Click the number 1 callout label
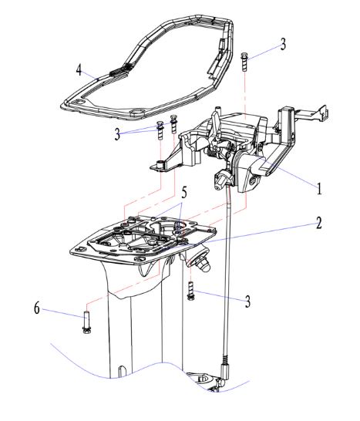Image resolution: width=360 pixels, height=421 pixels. [x=319, y=188]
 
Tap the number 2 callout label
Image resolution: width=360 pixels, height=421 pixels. [x=318, y=223]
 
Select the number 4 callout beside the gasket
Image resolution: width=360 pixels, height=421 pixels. [x=79, y=70]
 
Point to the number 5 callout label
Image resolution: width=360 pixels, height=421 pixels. [x=184, y=192]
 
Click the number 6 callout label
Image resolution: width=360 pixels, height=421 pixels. [x=37, y=308]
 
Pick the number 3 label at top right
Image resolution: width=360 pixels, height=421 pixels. [x=283, y=44]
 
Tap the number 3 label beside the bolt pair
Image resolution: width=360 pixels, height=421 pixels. [x=117, y=134]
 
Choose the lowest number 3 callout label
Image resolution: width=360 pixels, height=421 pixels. [x=247, y=301]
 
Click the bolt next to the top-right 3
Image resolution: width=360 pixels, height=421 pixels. [x=244, y=62]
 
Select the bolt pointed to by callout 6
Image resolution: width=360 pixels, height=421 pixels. [x=86, y=322]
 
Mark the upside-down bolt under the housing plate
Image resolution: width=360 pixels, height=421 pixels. [x=191, y=291]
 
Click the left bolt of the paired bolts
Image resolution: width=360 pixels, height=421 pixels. [x=160, y=130]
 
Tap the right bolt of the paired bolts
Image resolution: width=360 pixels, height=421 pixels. [x=174, y=124]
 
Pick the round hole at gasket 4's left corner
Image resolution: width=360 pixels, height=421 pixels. [x=79, y=103]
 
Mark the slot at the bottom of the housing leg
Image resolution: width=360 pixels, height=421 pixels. [x=122, y=372]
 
